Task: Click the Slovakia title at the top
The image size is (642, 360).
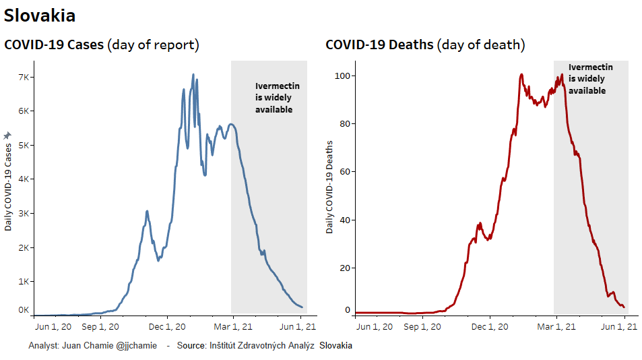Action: click(40, 16)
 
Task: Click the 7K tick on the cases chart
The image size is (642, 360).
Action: click(24, 77)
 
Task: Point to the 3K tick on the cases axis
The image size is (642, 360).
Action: click(24, 213)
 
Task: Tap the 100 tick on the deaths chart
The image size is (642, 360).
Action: click(344, 76)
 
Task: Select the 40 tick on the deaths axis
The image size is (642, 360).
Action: click(346, 220)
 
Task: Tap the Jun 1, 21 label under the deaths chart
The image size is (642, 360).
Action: click(618, 327)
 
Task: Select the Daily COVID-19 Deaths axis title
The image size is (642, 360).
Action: click(330, 187)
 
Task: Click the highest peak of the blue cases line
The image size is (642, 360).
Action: click(193, 75)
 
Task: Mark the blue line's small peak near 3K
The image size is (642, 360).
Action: click(147, 212)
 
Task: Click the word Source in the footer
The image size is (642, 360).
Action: click(191, 345)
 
